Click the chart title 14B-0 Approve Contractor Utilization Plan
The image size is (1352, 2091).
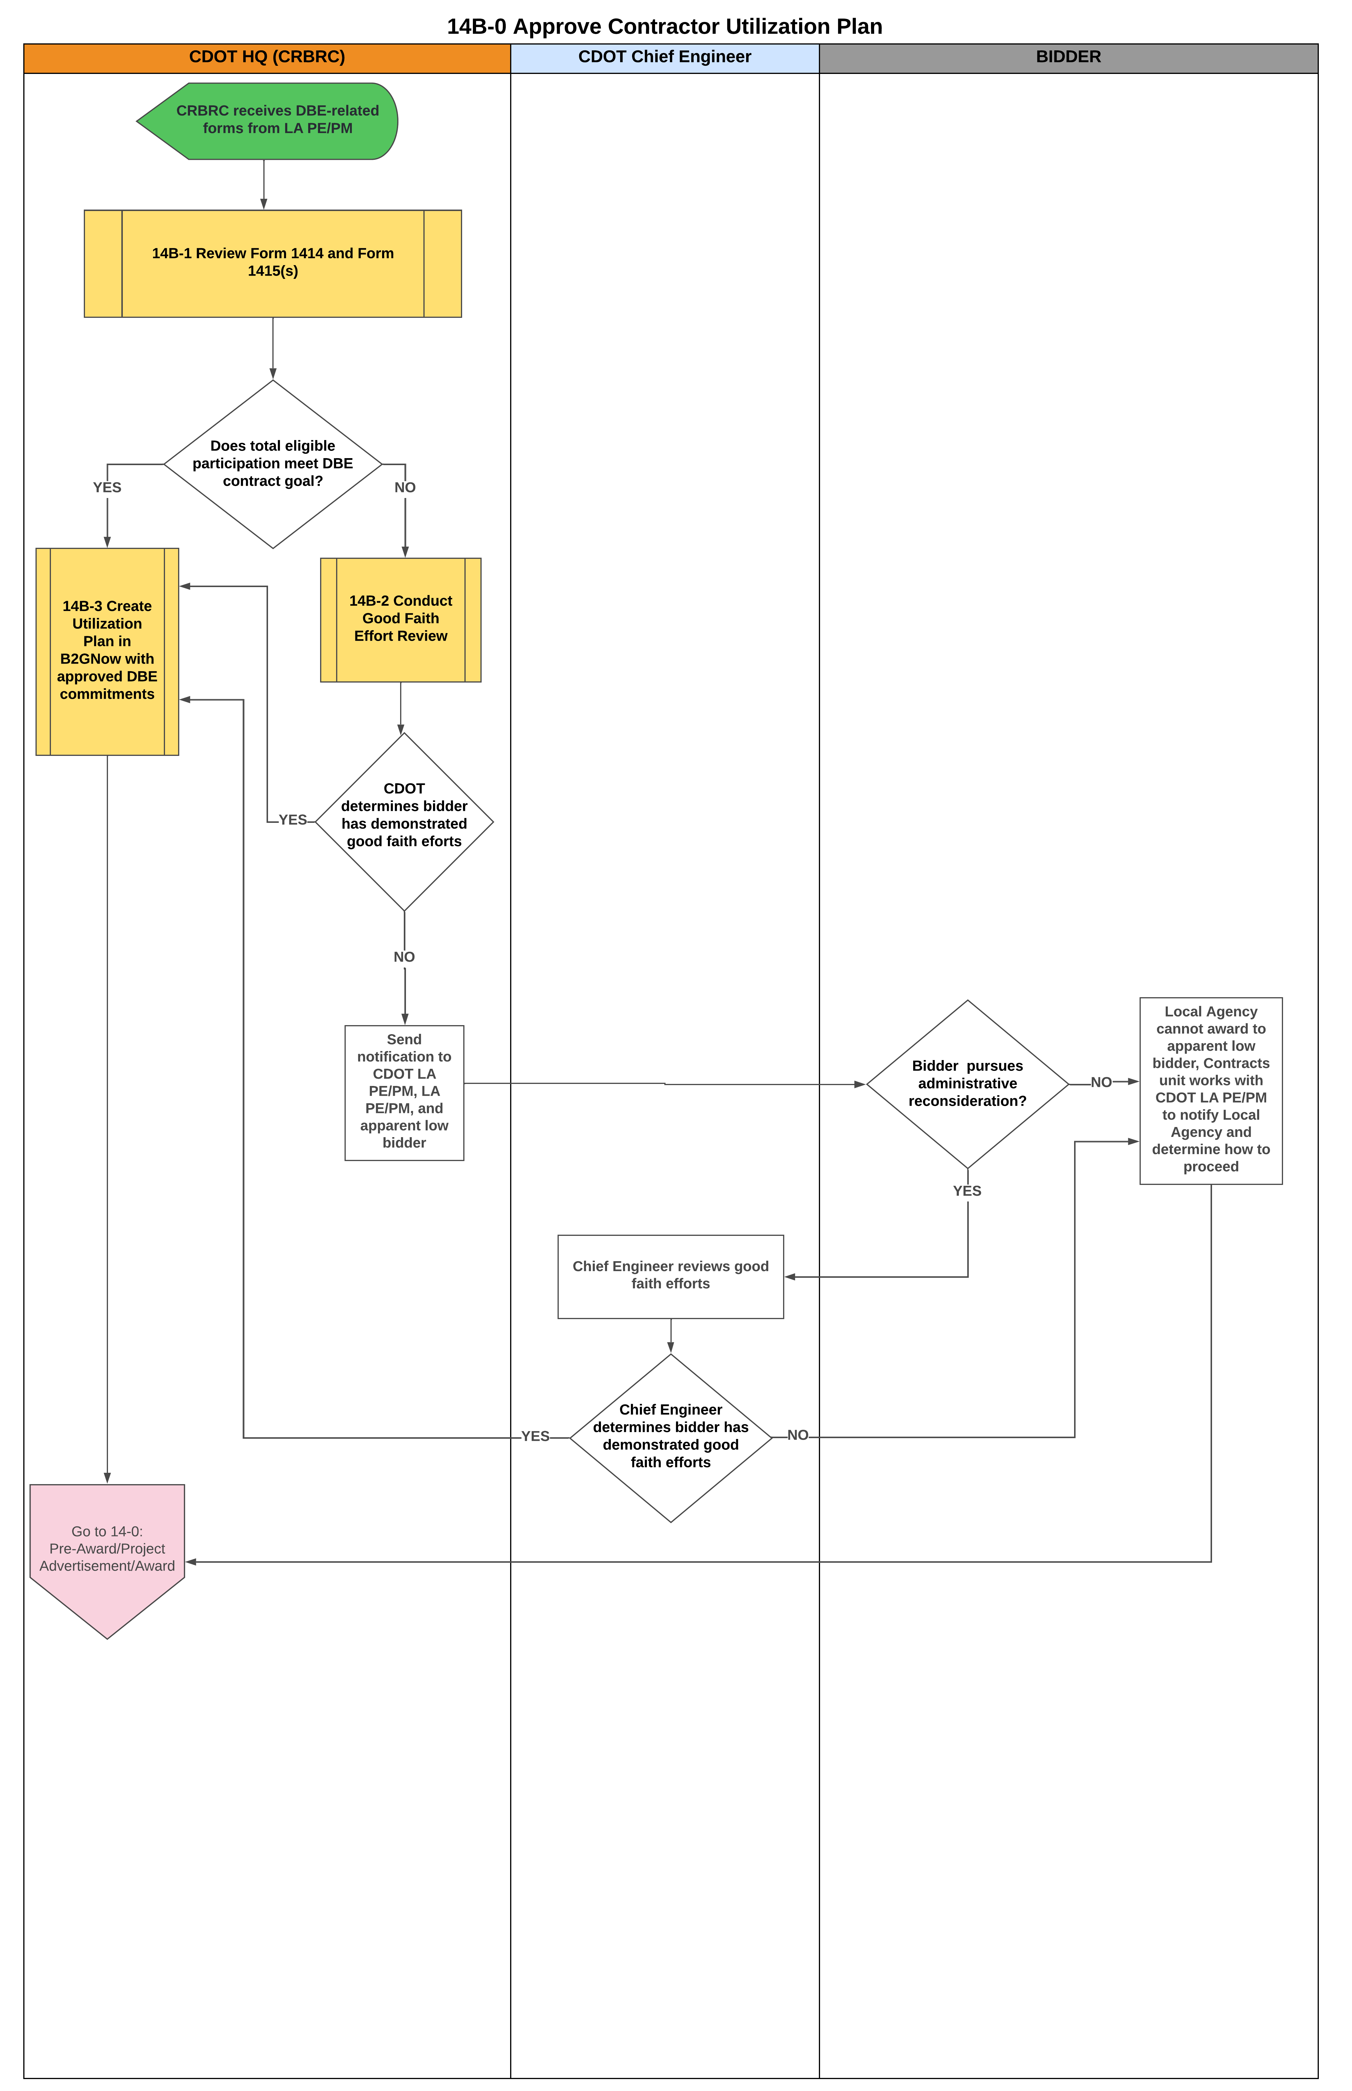pyautogui.click(x=665, y=26)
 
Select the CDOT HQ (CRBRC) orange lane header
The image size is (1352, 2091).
pyautogui.click(x=267, y=57)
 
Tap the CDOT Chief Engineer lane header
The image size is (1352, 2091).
pyautogui.click(x=665, y=57)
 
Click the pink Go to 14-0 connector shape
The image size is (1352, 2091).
pyautogui.click(x=107, y=1549)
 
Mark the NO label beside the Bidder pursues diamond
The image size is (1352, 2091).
pyautogui.click(x=1101, y=1082)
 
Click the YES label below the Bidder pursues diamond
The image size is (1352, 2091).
pyautogui.click(x=967, y=1191)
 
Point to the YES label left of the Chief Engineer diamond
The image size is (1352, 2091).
pyautogui.click(x=535, y=1436)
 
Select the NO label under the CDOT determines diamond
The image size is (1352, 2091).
pyautogui.click(x=404, y=957)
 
